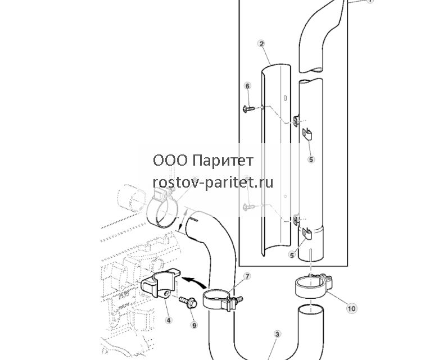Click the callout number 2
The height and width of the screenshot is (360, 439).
point(261,44)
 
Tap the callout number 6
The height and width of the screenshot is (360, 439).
point(247,86)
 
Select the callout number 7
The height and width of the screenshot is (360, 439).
point(247,277)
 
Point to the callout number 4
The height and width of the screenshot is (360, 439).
point(168,320)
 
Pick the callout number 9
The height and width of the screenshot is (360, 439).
point(194,325)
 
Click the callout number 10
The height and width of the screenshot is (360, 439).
point(352,308)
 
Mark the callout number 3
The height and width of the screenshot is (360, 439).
point(277,334)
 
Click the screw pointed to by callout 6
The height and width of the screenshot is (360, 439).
point(248,108)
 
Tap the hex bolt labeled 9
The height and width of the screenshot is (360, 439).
point(188,302)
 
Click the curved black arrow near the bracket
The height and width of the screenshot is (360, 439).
point(194,281)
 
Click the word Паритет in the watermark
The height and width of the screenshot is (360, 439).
point(223,161)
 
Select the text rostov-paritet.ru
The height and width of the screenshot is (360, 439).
point(213,183)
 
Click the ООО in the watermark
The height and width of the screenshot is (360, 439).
point(170,161)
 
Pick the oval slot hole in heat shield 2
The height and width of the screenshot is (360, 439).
point(285,98)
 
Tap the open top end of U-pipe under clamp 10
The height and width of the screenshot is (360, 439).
point(311,309)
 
